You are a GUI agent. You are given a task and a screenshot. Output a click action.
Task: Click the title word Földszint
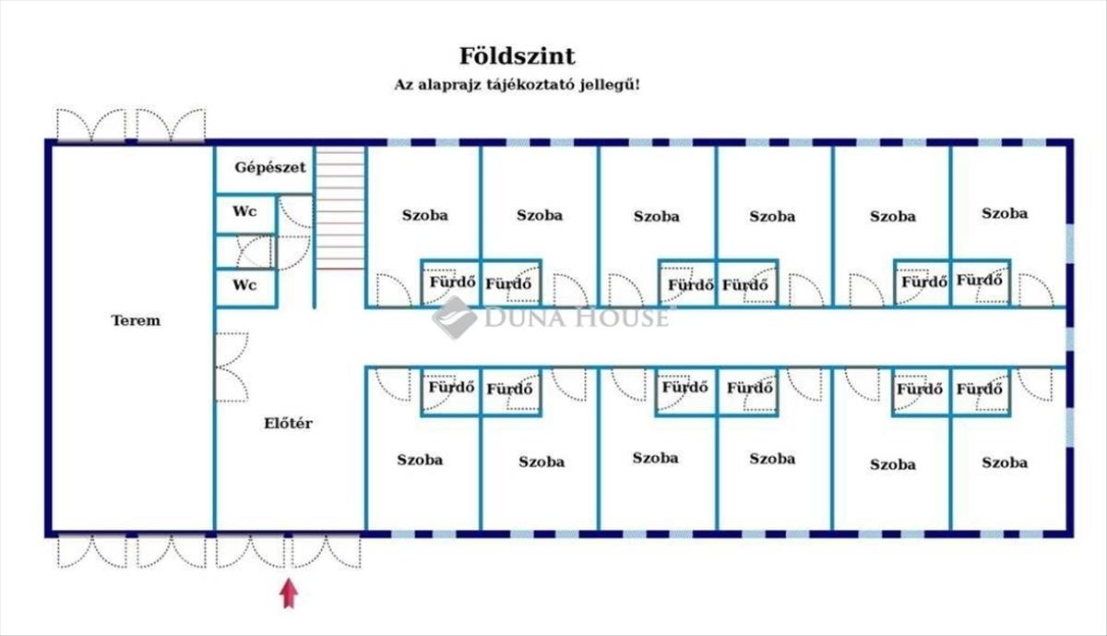(518, 56)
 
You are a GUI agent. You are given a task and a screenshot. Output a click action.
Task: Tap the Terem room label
(136, 320)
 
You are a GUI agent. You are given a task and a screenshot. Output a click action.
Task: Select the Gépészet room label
(270, 167)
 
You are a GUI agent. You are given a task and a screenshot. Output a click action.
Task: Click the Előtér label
(288, 423)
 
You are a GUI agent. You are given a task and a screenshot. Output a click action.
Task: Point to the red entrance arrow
(289, 594)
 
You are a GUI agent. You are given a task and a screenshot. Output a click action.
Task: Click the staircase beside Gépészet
(340, 208)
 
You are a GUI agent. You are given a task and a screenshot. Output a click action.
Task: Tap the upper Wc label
(244, 211)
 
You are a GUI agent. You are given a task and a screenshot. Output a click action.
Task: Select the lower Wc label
(244, 285)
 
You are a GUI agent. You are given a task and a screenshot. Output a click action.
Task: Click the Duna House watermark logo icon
(455, 318)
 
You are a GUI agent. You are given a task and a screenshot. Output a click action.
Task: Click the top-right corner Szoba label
(1005, 213)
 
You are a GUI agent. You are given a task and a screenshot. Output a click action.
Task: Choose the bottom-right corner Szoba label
(1005, 462)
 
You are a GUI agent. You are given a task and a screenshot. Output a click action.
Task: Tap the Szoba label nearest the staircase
(425, 215)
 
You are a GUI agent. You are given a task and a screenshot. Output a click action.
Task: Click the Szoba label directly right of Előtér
(420, 460)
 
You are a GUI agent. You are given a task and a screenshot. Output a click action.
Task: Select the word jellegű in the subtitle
(610, 85)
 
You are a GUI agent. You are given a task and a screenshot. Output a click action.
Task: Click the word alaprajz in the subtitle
(448, 85)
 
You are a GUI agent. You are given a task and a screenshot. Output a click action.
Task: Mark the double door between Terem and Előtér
(232, 367)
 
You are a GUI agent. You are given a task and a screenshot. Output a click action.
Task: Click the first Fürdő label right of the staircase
(453, 282)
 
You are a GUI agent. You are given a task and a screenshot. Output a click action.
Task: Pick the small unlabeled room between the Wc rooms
(245, 252)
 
